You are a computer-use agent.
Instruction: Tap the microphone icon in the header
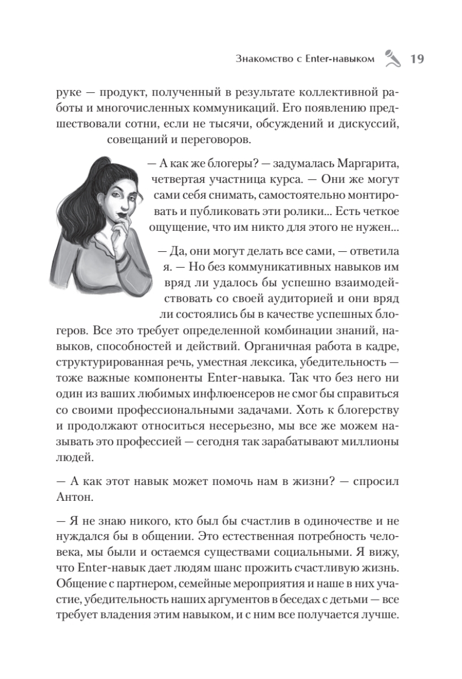[391, 58]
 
